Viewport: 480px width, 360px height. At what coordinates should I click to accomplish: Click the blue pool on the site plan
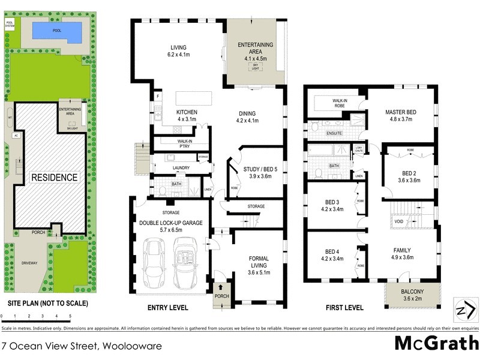(x=57, y=31)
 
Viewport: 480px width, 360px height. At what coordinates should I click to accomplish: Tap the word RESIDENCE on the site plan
(x=55, y=177)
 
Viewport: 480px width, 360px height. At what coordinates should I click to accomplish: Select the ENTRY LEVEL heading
(x=168, y=308)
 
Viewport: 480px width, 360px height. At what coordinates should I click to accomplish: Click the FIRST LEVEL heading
(x=344, y=308)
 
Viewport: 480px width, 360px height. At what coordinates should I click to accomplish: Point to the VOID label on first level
(x=399, y=221)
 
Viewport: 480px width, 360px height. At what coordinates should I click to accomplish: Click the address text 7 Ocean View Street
(x=50, y=346)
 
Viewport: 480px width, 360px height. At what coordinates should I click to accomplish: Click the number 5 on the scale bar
(x=70, y=316)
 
